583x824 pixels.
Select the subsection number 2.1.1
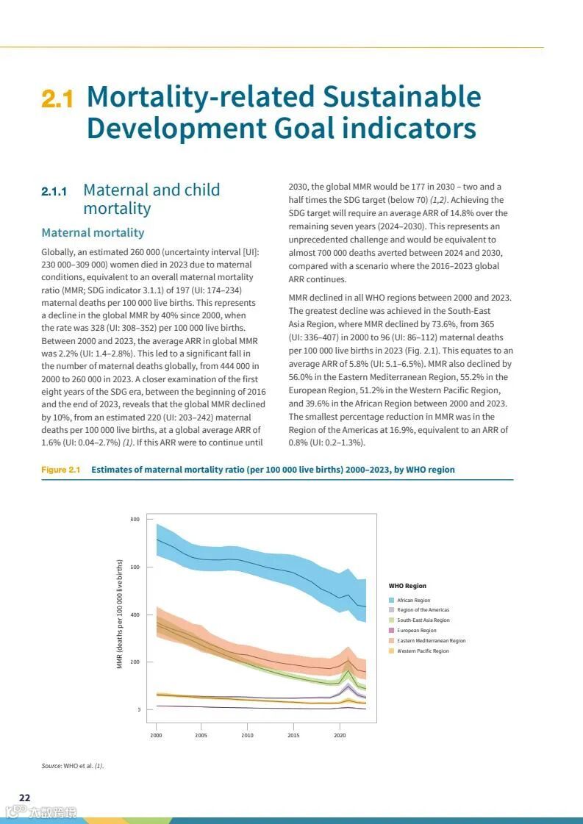pyautogui.click(x=54, y=192)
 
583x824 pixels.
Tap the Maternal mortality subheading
pyautogui.click(x=93, y=233)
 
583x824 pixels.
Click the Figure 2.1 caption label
pyautogui.click(x=60, y=470)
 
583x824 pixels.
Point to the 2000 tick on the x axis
pyautogui.click(x=156, y=734)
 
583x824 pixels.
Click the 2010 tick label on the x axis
pyautogui.click(x=248, y=734)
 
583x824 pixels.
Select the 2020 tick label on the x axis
pyautogui.click(x=340, y=734)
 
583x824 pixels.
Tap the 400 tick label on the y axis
pyautogui.click(x=135, y=615)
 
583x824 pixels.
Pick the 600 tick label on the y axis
pyautogui.click(x=135, y=567)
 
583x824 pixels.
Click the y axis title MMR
pyautogui.click(x=120, y=624)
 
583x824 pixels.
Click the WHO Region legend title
pyautogui.click(x=407, y=586)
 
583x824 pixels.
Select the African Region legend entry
pyautogui.click(x=413, y=601)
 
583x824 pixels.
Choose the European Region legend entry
pyautogui.click(x=416, y=631)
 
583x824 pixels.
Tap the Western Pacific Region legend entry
pyautogui.click(x=422, y=651)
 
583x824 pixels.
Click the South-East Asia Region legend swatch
pyautogui.click(x=392, y=620)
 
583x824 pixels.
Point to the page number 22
pyautogui.click(x=25, y=798)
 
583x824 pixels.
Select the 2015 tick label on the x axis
pyautogui.click(x=293, y=734)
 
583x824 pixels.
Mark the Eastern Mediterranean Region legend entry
pyautogui.click(x=431, y=641)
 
